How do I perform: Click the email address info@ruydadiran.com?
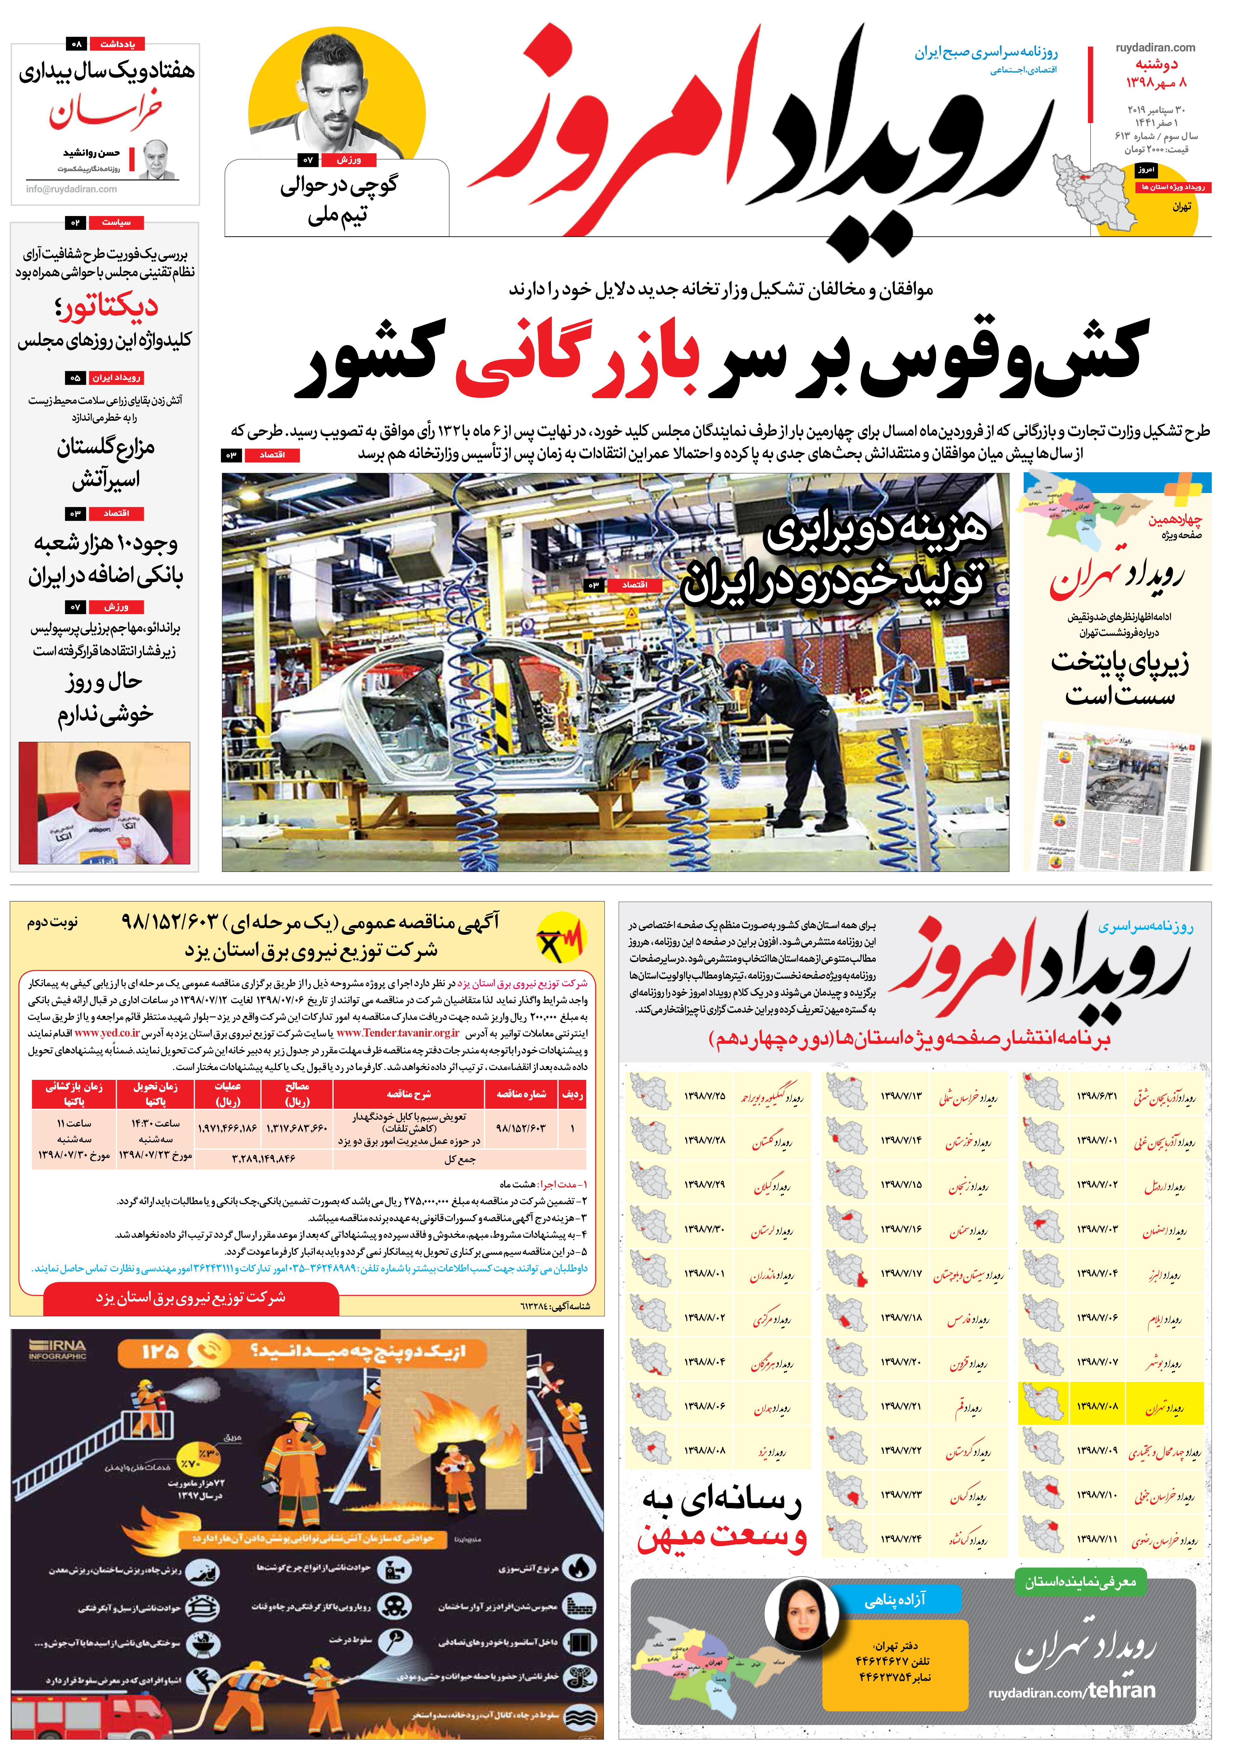point(72,189)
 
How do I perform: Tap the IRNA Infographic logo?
point(58,1350)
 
